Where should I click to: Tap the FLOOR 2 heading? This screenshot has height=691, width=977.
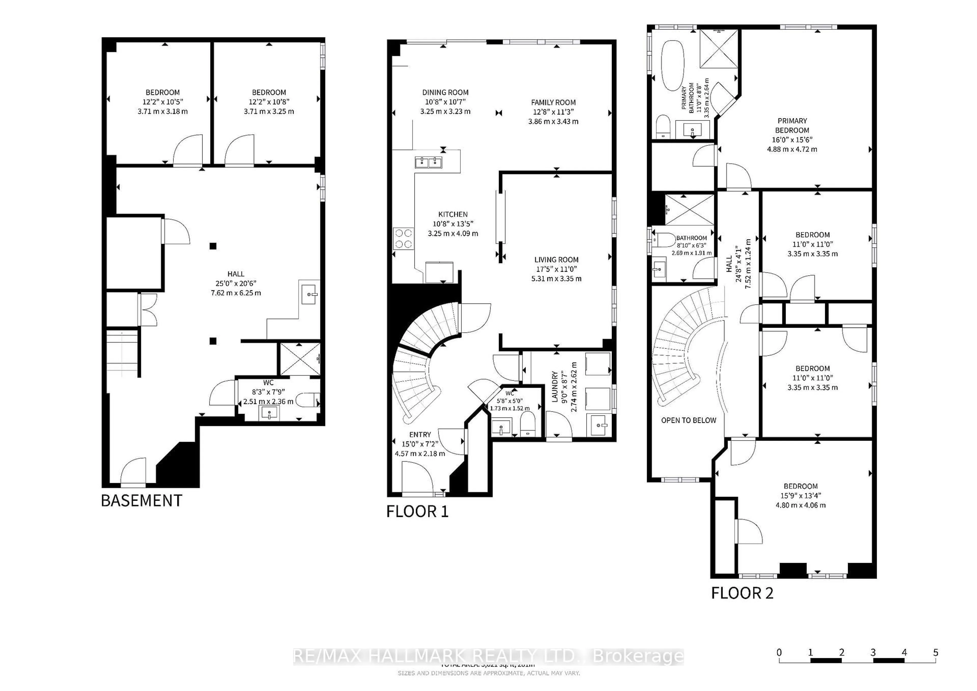pyautogui.click(x=742, y=593)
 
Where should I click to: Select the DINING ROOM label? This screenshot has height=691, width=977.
pyautogui.click(x=445, y=92)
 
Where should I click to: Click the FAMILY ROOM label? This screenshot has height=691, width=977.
pyautogui.click(x=553, y=103)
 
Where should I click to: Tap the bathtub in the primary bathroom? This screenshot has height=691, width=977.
pyautogui.click(x=672, y=65)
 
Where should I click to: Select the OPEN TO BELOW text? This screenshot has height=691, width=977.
pyautogui.click(x=688, y=420)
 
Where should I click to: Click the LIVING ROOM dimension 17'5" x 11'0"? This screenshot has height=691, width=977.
pyautogui.click(x=556, y=269)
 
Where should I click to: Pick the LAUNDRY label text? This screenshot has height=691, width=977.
pyautogui.click(x=554, y=386)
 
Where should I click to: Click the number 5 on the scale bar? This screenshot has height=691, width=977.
pyautogui.click(x=935, y=653)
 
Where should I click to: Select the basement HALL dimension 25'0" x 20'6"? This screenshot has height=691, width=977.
pyautogui.click(x=236, y=283)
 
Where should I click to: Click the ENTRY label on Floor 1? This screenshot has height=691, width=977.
pyautogui.click(x=420, y=435)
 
